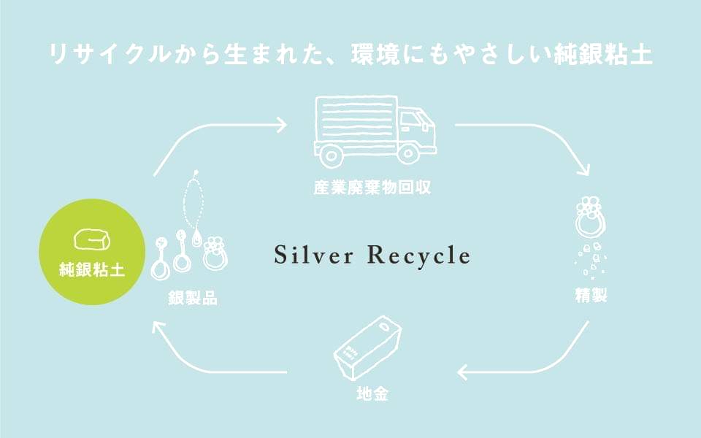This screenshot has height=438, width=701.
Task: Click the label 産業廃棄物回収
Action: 372,188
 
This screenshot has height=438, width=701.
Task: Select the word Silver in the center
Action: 314,255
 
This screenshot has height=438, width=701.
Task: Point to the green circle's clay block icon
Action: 91,240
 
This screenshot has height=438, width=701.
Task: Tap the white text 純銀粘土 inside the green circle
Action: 91,271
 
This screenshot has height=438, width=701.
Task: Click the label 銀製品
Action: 191,299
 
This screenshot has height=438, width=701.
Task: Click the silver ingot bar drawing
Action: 367,350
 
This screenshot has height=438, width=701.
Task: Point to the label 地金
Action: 372,395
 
